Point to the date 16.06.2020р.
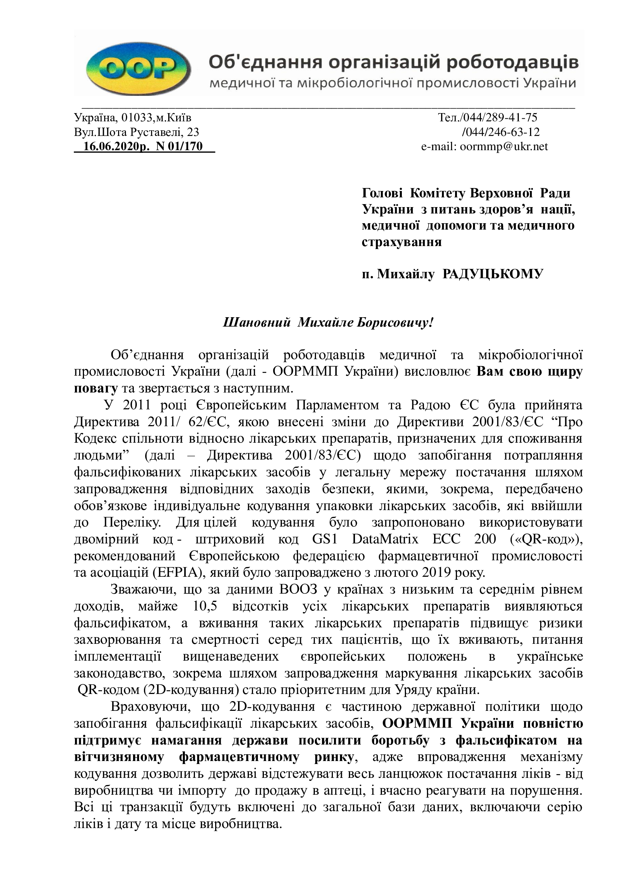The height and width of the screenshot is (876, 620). click(117, 146)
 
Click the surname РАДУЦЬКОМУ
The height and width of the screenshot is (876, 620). click(493, 274)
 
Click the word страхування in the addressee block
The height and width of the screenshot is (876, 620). click(401, 242)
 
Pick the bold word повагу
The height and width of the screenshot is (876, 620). click(96, 388)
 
